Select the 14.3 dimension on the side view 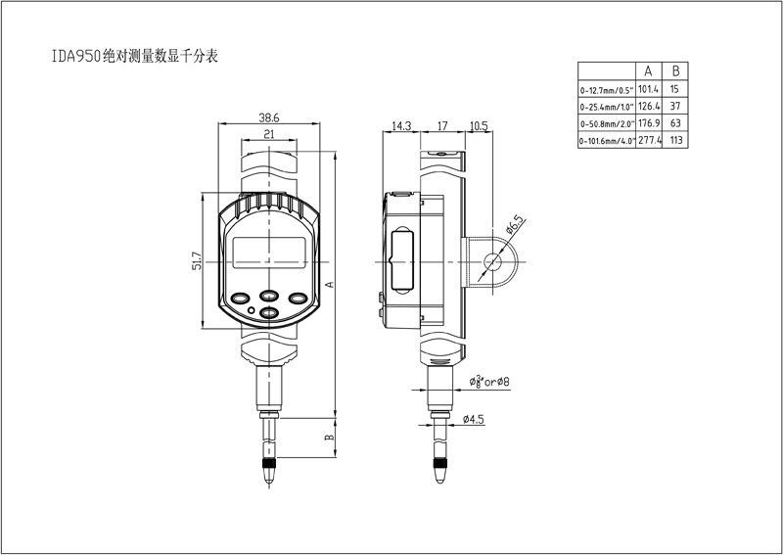400,126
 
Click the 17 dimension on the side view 442,126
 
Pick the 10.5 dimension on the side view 478,126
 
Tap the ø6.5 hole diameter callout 515,224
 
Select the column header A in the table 647,71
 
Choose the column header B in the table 675,71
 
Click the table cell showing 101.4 647,89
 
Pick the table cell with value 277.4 647,141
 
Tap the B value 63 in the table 675,123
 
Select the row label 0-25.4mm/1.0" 607,107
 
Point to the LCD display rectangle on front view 270,252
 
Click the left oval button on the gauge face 241,298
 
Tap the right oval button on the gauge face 299,298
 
